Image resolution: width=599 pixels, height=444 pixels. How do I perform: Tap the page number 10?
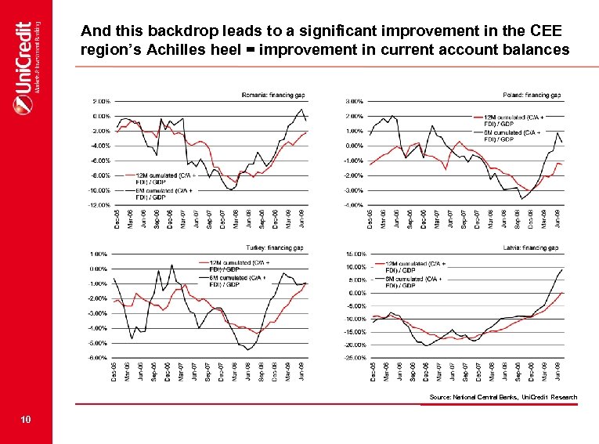coord(27,421)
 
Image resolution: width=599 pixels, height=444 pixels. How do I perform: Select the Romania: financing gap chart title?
coord(272,96)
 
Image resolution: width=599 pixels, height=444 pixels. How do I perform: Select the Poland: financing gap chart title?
coord(532,96)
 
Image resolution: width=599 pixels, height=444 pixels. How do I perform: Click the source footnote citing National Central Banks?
coord(503,397)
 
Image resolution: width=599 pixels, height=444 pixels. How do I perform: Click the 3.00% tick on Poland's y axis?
coord(353,101)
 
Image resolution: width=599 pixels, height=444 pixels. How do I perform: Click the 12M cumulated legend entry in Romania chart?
coord(161,178)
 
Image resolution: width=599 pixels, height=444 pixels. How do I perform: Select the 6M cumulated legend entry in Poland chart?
coord(509,136)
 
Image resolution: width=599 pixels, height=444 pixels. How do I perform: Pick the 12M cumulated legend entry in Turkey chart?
coord(235,265)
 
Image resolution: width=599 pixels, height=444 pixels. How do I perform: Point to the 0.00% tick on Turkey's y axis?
coord(98,269)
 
